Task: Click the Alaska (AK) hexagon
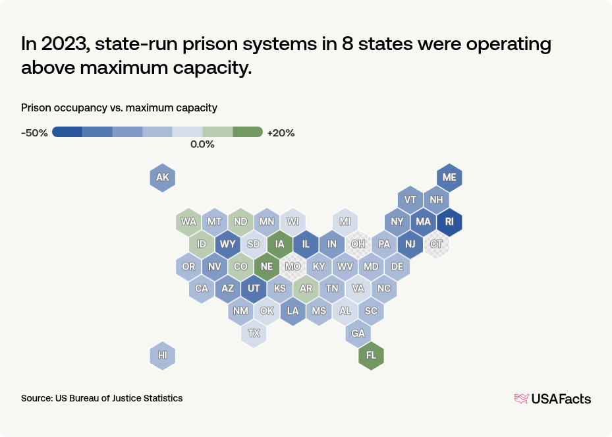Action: coord(163,177)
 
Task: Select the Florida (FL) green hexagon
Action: coord(371,355)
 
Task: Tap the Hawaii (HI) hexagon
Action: coord(163,355)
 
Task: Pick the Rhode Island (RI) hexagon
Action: coord(449,221)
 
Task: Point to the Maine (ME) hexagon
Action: coord(449,177)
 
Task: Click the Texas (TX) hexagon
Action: coord(254,333)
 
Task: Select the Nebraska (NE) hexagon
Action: coord(267,266)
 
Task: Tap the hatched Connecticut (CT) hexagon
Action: coord(436,244)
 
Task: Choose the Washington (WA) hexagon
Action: coord(189,221)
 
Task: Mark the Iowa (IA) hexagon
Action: coord(280,244)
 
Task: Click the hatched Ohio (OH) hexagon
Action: coord(358,244)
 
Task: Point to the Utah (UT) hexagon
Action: coord(254,289)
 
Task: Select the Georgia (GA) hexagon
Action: coord(358,333)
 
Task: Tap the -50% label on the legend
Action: coord(34,132)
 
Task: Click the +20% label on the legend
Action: coord(281,132)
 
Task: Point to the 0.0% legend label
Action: coord(202,144)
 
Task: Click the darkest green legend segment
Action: coord(248,132)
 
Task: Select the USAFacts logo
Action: coord(552,398)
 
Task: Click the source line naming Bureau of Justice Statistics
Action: coord(102,398)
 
